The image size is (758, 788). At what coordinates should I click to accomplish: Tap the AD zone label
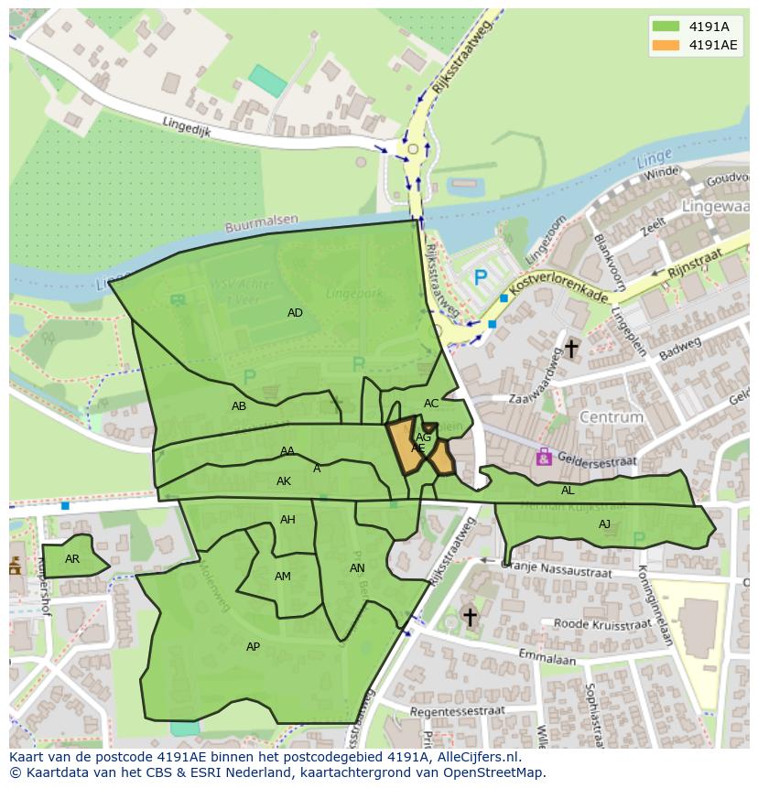[x=295, y=313]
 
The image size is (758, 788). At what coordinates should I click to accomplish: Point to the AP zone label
[x=254, y=647]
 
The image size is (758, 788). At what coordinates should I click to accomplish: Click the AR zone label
[x=72, y=559]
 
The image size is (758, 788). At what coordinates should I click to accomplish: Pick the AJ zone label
[x=604, y=524]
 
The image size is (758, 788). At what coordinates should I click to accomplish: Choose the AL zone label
[x=568, y=491]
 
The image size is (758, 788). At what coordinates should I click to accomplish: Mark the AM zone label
[x=283, y=577]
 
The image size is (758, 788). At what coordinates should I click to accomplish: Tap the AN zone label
[x=357, y=568]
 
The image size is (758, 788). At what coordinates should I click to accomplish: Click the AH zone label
[x=287, y=520]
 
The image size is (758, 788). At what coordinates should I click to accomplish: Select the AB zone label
[x=239, y=406]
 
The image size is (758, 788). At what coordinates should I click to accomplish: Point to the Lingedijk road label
[x=187, y=125]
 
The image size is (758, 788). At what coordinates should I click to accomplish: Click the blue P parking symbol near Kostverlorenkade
[x=480, y=276]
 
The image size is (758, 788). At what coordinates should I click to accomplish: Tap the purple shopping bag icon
[x=544, y=456]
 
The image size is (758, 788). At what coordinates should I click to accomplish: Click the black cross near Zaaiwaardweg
[x=571, y=349]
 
